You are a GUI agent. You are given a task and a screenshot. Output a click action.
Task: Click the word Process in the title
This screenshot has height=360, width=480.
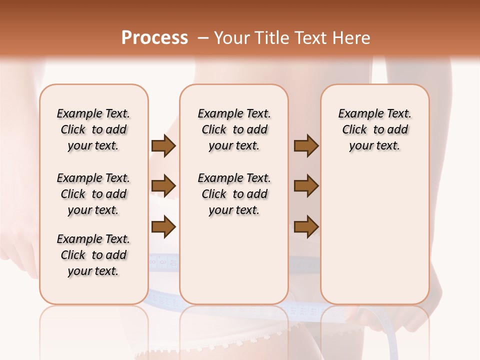(154, 37)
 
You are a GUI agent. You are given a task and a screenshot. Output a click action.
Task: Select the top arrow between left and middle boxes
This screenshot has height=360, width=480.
(163, 146)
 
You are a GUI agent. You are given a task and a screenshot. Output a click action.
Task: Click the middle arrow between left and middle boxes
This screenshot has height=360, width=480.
(163, 186)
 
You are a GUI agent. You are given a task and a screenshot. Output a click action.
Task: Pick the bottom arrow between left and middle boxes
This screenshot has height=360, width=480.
(163, 226)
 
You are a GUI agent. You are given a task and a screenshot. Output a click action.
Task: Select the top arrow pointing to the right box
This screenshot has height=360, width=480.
(306, 146)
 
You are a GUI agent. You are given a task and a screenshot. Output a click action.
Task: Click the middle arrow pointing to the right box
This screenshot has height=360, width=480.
(306, 186)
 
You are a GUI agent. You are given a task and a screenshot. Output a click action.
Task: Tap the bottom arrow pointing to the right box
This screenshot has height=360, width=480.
(306, 226)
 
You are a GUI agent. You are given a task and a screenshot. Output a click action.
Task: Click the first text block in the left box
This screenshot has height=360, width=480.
(93, 129)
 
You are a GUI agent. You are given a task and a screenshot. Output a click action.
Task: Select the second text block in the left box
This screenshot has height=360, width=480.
(93, 194)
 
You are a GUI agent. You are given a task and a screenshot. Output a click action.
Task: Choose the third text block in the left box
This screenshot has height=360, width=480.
(93, 255)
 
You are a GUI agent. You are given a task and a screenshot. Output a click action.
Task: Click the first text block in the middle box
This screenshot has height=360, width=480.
(234, 129)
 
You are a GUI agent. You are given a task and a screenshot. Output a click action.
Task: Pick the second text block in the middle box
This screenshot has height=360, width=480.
(234, 194)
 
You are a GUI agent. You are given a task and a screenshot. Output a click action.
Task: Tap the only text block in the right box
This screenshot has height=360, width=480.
(374, 129)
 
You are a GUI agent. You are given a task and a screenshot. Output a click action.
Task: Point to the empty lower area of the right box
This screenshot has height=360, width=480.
(374, 235)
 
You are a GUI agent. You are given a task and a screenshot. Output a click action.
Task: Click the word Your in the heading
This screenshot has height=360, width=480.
(230, 37)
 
